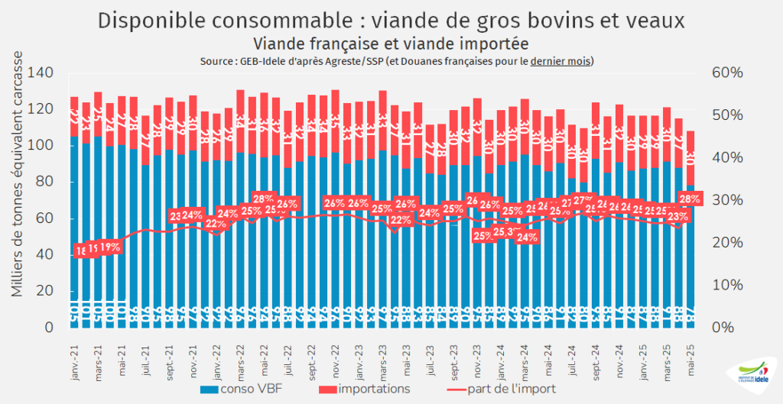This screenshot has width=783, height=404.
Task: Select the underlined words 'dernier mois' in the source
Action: (x=560, y=61)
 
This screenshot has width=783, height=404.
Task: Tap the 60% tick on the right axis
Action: (x=722, y=73)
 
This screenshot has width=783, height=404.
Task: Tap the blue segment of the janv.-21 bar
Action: (x=73, y=229)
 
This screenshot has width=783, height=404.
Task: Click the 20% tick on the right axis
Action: (x=722, y=243)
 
